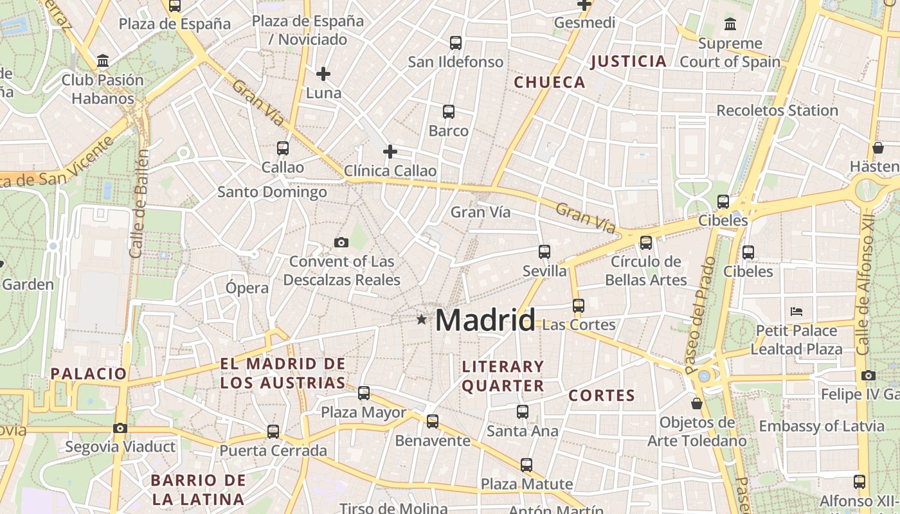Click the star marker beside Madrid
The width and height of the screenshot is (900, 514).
click(421, 319)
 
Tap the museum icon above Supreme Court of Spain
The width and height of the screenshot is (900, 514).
click(730, 24)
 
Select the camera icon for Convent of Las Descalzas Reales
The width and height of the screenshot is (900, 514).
click(341, 242)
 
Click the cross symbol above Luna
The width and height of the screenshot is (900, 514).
click(323, 74)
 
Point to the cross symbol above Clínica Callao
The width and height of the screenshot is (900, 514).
click(390, 152)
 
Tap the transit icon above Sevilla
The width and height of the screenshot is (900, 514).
click(544, 251)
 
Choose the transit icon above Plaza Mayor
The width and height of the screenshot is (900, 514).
click(364, 393)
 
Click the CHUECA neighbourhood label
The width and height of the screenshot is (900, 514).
click(550, 82)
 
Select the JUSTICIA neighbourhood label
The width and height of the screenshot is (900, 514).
click(628, 62)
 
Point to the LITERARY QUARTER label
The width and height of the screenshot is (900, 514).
click(503, 376)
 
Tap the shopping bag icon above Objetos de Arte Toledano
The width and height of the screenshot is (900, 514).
click(697, 403)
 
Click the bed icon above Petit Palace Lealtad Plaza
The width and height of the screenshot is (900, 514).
click(797, 312)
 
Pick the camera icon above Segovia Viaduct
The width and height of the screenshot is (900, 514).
click(120, 428)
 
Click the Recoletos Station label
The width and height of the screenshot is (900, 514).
click(777, 111)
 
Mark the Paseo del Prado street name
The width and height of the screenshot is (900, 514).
click(700, 315)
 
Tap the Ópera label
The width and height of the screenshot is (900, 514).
click(247, 288)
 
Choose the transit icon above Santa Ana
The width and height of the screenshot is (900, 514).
click(523, 411)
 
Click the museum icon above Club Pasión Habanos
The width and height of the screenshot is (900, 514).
click(103, 61)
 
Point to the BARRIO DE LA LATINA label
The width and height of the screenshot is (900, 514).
click(198, 490)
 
